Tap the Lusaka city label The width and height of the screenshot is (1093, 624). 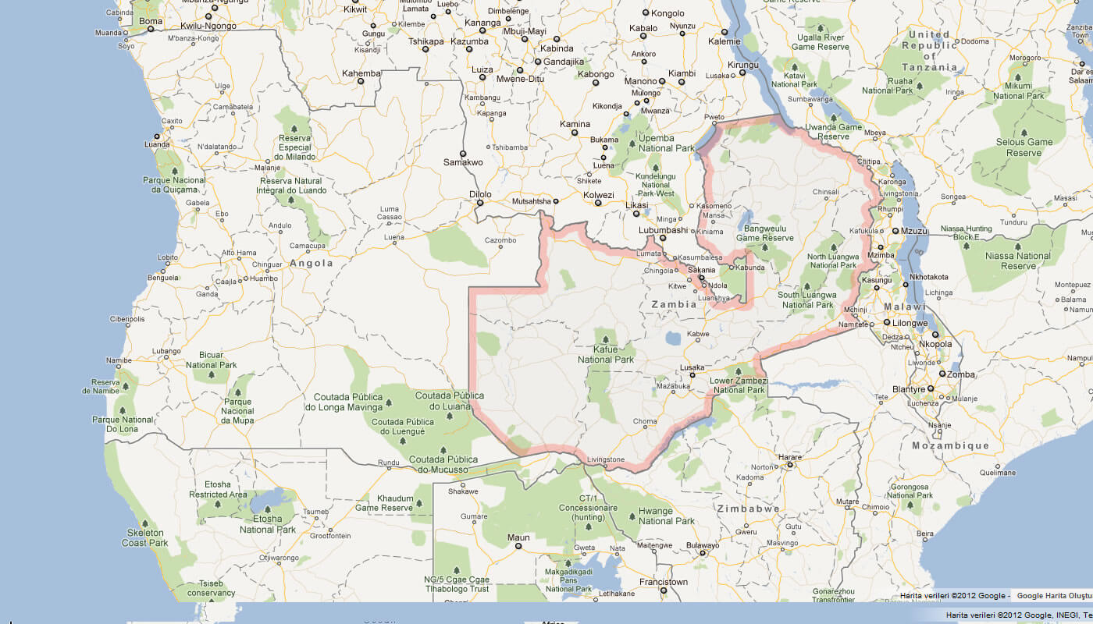click(x=692, y=367)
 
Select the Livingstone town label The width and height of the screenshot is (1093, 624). click(x=606, y=459)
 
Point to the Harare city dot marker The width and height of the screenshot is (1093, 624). click(x=790, y=465)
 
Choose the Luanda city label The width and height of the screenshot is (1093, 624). click(x=157, y=145)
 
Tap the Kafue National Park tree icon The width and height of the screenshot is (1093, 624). click(x=605, y=339)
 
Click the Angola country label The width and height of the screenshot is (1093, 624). click(x=312, y=264)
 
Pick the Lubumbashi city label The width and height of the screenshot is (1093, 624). click(x=663, y=230)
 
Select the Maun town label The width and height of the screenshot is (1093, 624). click(x=518, y=537)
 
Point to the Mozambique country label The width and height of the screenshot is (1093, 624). click(x=950, y=445)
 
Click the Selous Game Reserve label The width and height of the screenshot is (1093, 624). click(x=1024, y=147)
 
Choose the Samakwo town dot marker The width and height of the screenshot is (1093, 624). click(x=463, y=154)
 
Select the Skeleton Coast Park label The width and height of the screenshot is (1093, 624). click(x=145, y=537)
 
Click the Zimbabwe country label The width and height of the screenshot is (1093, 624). click(x=749, y=509)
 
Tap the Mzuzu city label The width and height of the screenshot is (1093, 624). click(x=913, y=231)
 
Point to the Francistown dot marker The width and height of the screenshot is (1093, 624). click(x=663, y=590)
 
